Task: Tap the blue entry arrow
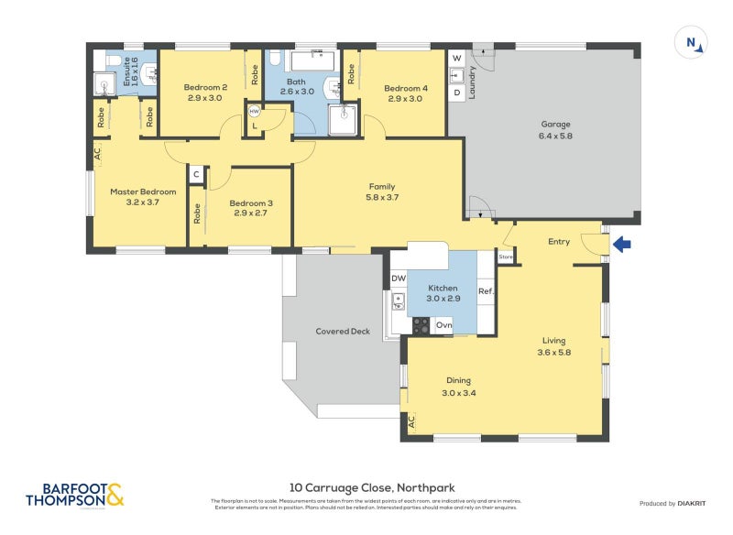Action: point(622,244)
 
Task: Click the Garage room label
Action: point(555,125)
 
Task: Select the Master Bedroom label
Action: point(136,192)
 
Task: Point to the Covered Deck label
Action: point(343,331)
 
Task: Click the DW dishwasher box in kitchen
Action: point(398,278)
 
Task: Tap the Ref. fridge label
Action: point(486,292)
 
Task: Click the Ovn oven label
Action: point(443,324)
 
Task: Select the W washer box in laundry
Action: point(456,58)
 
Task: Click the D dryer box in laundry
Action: point(456,92)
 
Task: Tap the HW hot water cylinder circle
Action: point(255,112)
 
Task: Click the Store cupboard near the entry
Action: point(506,257)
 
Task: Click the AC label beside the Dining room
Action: point(411,421)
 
